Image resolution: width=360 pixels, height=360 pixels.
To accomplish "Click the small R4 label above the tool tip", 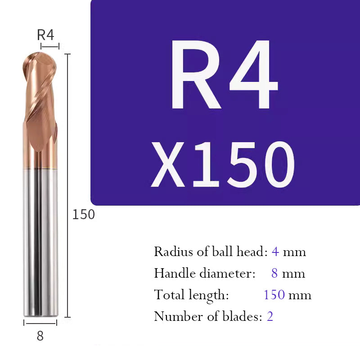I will pos(45,35).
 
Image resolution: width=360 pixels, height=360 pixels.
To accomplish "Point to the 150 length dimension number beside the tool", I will pos(84,215).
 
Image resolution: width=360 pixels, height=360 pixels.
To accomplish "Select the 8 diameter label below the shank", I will pos(40,336).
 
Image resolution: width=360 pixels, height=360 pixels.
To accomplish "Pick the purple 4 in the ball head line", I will pos(275,251).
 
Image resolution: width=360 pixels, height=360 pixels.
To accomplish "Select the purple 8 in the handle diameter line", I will pos(274,273).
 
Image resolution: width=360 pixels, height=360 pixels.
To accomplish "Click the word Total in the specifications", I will pos(167,295).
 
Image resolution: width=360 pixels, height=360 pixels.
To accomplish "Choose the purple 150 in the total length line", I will pos(274,295).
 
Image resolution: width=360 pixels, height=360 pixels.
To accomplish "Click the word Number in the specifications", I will pos(173,316).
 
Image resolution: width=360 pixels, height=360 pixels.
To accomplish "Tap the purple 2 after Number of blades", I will pos(270,316).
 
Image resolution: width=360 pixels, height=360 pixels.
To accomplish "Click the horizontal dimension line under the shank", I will pos(40,323).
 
